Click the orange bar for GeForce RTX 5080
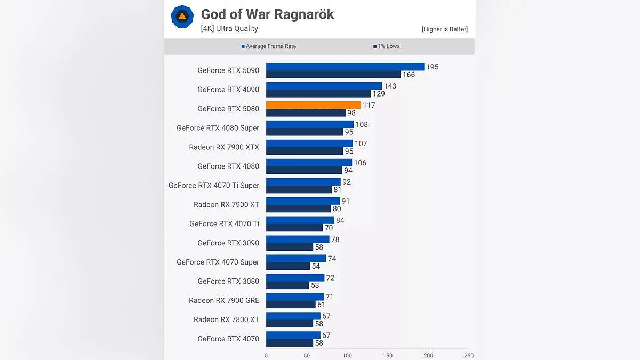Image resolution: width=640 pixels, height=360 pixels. point(313,105)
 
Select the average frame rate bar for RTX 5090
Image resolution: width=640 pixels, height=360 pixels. point(345,67)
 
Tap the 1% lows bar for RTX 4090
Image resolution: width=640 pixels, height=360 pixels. point(318,94)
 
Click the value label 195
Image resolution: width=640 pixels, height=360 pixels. point(432,67)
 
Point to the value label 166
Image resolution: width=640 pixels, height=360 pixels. point(409,75)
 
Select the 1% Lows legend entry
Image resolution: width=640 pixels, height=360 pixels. point(387,46)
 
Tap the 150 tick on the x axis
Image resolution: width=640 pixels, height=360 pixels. point(388,355)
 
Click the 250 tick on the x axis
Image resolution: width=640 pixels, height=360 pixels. point(468,355)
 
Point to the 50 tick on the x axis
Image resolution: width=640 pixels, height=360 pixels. point(307,355)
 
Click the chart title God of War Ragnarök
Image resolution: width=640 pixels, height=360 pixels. point(267,14)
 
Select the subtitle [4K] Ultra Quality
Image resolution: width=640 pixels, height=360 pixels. point(229,29)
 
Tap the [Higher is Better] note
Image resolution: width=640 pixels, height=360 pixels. point(444,29)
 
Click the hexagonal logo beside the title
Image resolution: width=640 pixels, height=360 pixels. point(182,17)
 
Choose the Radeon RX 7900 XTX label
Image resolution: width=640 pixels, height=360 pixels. point(224,147)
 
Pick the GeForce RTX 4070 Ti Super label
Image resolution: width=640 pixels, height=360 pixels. point(214,186)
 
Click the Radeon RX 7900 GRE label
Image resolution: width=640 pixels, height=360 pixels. point(224,300)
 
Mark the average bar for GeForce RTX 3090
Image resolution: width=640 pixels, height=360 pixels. point(298,239)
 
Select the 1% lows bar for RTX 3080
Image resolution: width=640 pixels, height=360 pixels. point(287,285)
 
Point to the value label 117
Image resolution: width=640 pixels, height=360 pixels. point(369,105)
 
